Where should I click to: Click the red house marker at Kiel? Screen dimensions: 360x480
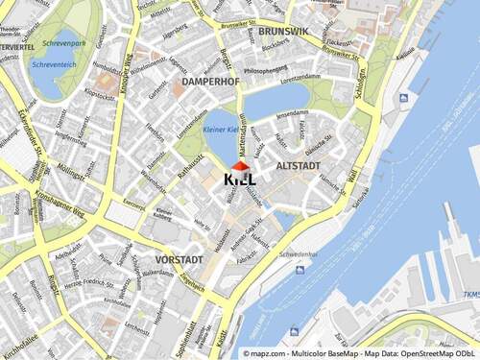coord(240,167)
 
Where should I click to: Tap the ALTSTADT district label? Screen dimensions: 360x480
coord(298,166)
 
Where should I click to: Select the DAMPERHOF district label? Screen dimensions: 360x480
coord(209,83)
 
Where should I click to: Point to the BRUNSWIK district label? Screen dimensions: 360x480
coord(283,32)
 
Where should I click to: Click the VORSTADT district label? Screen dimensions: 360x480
coord(180,259)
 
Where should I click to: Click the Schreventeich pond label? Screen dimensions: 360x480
coord(54,64)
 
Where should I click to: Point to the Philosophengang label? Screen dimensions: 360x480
coord(266,70)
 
